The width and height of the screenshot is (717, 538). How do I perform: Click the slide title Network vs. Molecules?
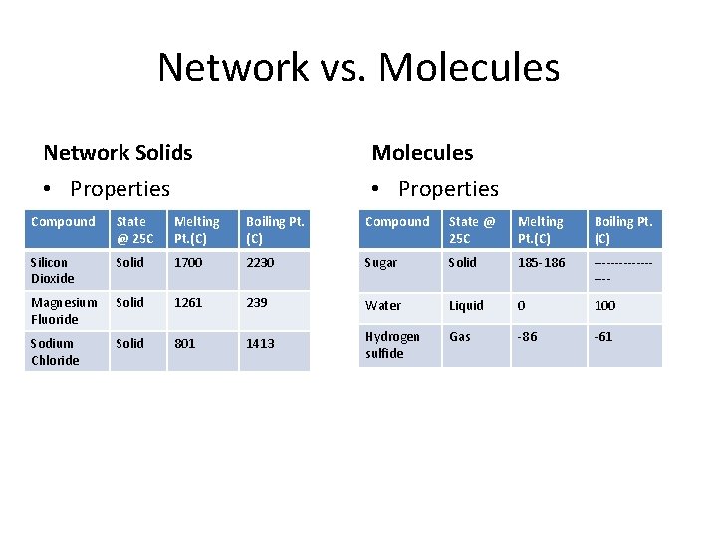358,68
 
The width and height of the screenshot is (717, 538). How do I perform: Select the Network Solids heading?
118,153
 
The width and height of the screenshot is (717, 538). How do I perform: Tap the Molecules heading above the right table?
422,153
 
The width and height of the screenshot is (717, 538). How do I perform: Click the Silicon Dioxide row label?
52,270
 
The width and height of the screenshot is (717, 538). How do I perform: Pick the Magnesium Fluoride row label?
64,311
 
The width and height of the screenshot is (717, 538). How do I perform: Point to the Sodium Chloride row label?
55,351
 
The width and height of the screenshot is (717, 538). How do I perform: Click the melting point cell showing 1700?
187,263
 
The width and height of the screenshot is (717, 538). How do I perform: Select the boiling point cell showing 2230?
261,263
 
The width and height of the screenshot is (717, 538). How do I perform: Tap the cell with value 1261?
187,303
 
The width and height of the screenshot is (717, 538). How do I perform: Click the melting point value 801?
184,343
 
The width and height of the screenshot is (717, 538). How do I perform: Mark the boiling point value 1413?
260,343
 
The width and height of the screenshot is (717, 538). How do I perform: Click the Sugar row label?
380,263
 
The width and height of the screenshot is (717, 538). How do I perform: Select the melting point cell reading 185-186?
540,263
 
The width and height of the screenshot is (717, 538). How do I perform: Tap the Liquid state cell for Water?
466,306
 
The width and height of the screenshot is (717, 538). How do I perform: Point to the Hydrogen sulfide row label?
392,345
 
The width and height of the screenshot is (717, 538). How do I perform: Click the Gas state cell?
460,337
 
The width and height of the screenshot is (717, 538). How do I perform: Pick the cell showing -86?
527,337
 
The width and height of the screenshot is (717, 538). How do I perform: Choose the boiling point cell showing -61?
603,337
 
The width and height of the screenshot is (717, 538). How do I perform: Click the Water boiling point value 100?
604,306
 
